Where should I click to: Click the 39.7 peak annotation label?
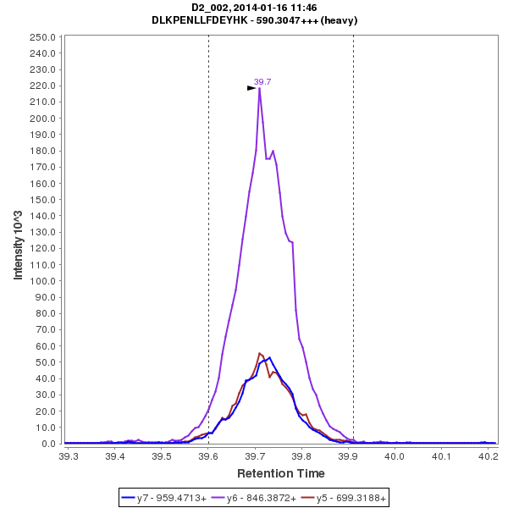click(x=262, y=81)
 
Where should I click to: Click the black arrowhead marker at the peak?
click(x=251, y=87)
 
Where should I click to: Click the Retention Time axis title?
click(x=280, y=473)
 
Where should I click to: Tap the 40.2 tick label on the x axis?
click(x=487, y=456)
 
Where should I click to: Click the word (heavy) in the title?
click(x=339, y=20)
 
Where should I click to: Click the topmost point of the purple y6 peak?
click(x=259, y=87)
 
